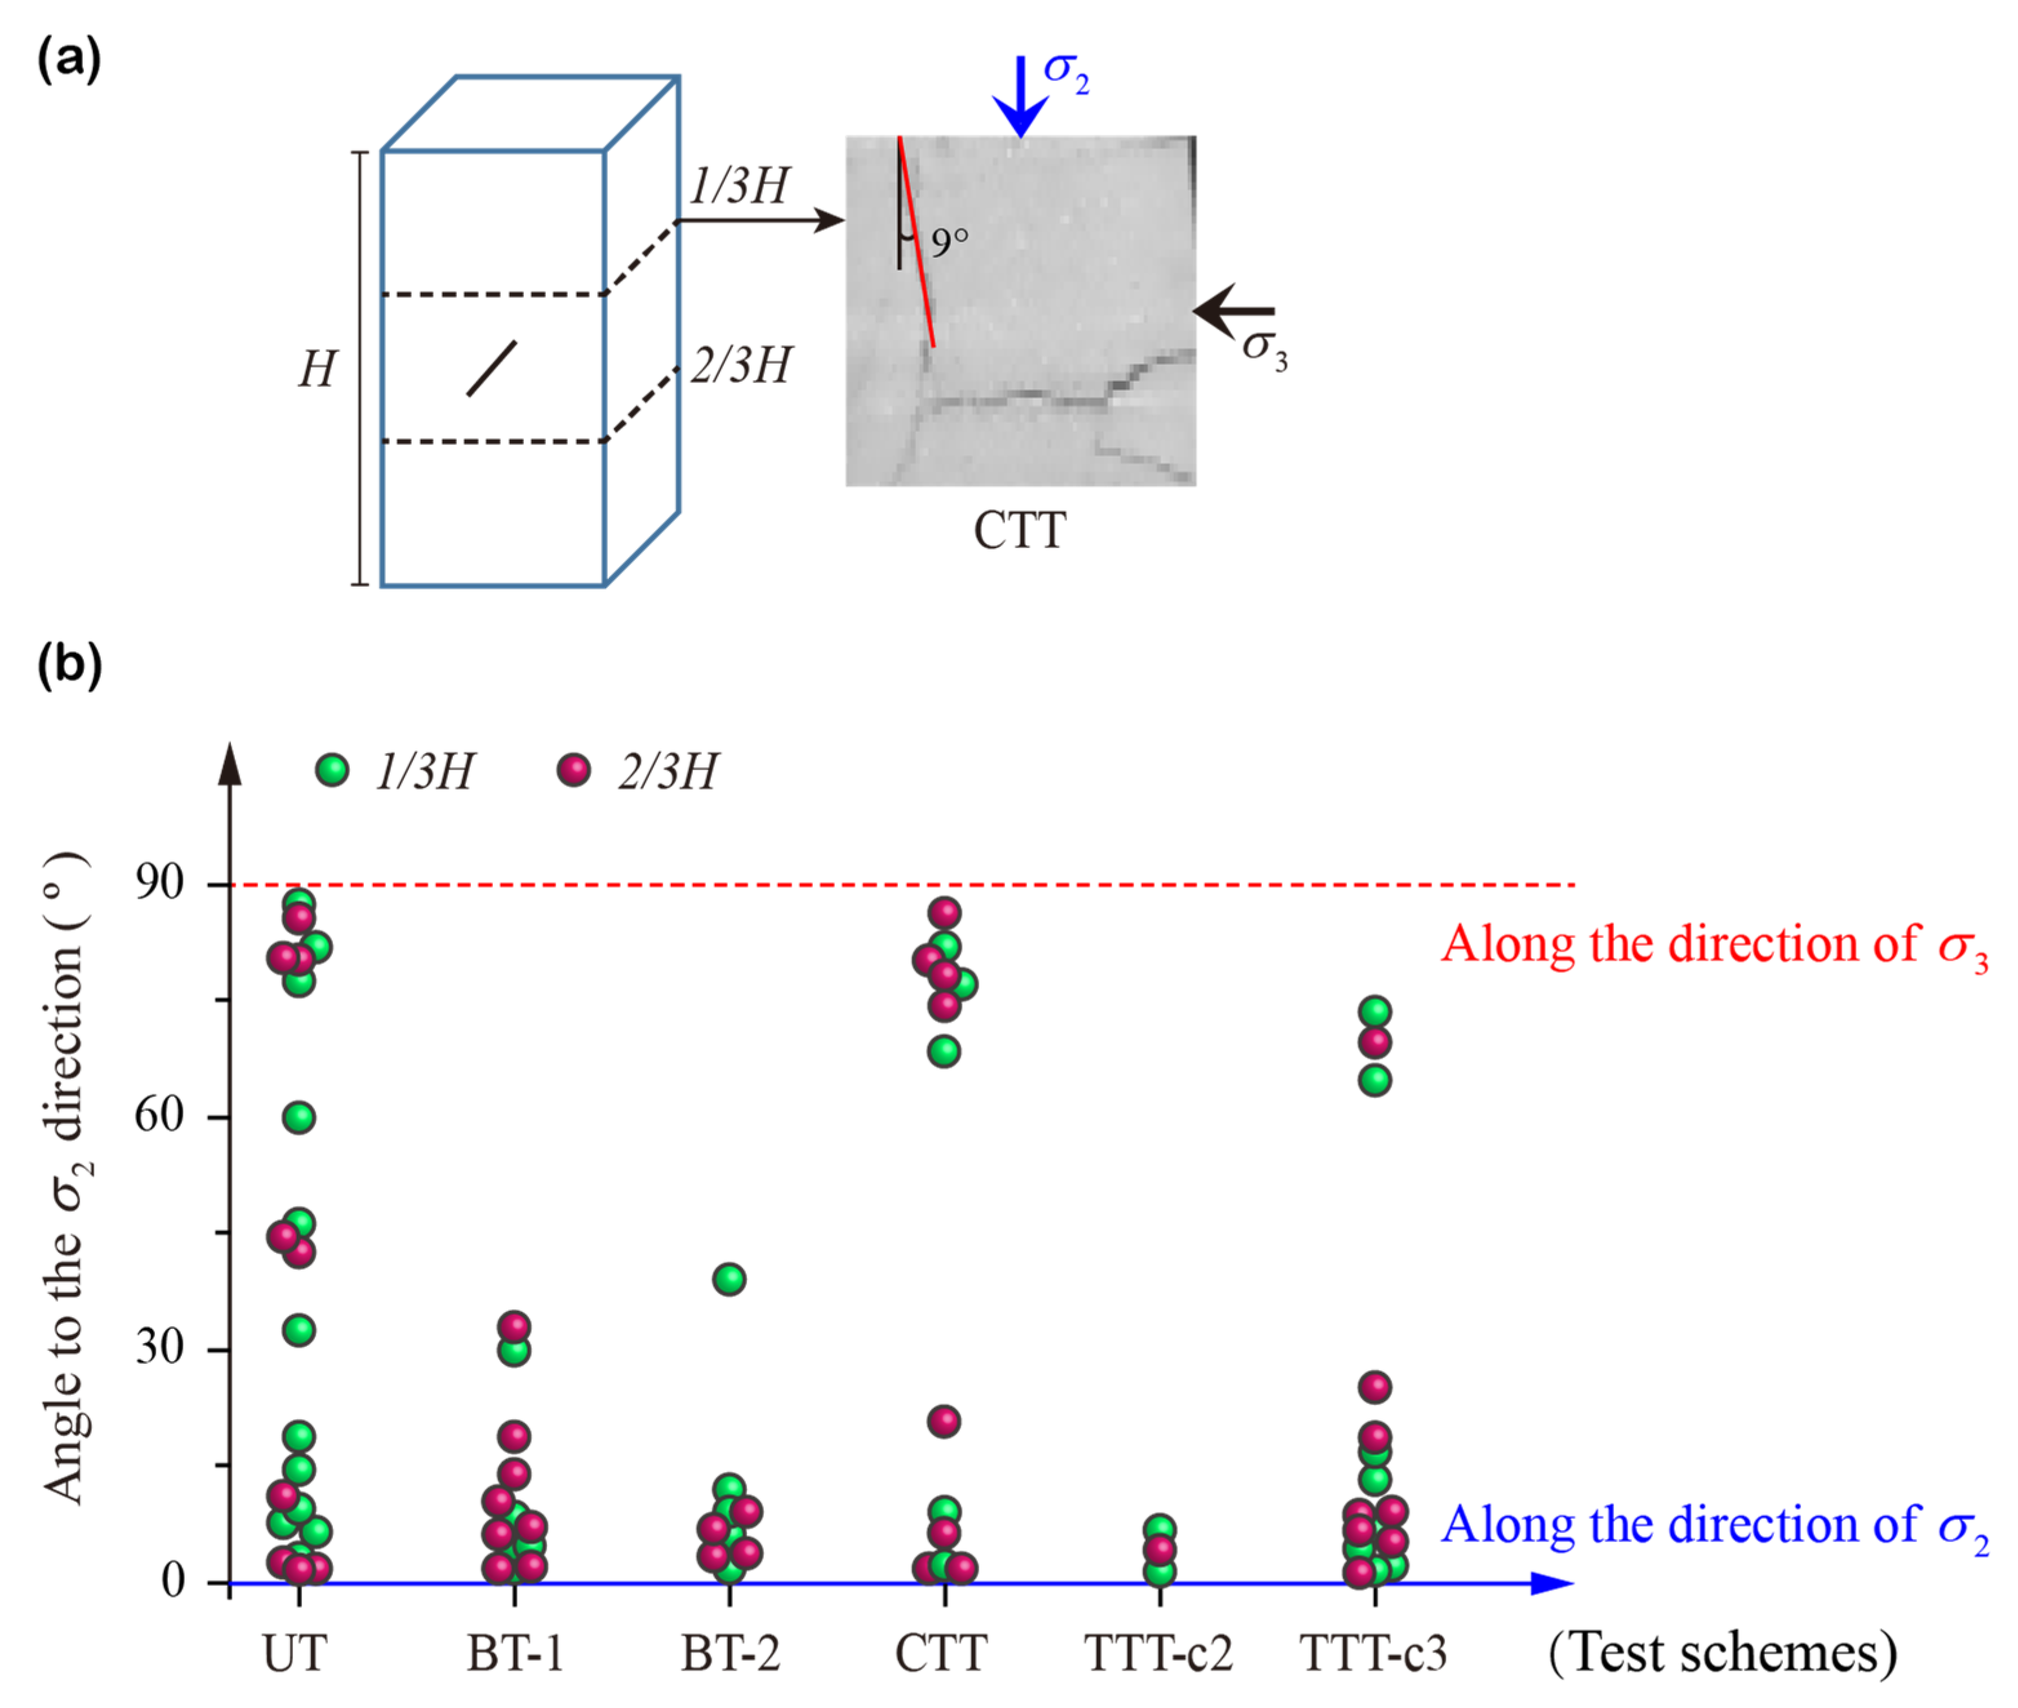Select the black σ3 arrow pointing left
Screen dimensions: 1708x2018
pos(1232,311)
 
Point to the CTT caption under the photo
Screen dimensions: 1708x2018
pos(1019,531)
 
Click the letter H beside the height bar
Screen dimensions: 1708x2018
pos(317,369)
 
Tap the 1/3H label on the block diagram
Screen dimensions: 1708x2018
pos(739,185)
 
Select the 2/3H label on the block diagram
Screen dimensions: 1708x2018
pos(741,365)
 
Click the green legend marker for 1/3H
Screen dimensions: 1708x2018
pos(332,770)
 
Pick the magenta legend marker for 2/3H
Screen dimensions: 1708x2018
pos(573,770)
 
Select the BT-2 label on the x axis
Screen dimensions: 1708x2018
pos(729,1653)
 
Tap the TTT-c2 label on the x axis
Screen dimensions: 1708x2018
pos(1158,1653)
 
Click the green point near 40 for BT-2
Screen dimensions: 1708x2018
pos(729,1279)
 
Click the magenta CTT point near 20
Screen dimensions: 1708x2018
pos(944,1421)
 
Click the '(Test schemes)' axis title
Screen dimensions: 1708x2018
pos(1722,1653)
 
